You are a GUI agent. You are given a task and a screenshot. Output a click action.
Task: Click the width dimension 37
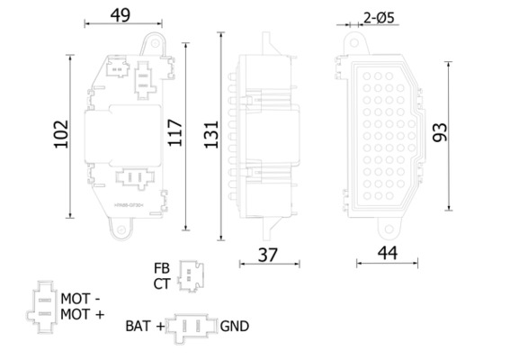[x=268, y=256]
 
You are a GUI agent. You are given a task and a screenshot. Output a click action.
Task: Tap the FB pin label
[x=161, y=267]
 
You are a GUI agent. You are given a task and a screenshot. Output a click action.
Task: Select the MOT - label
[x=82, y=297]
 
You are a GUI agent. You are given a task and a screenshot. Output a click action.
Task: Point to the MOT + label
[x=82, y=313]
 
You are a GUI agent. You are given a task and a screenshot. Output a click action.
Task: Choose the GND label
[x=235, y=327]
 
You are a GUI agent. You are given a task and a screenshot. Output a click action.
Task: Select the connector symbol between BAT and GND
[x=192, y=327]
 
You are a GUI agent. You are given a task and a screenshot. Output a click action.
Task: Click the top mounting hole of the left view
[x=155, y=40]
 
